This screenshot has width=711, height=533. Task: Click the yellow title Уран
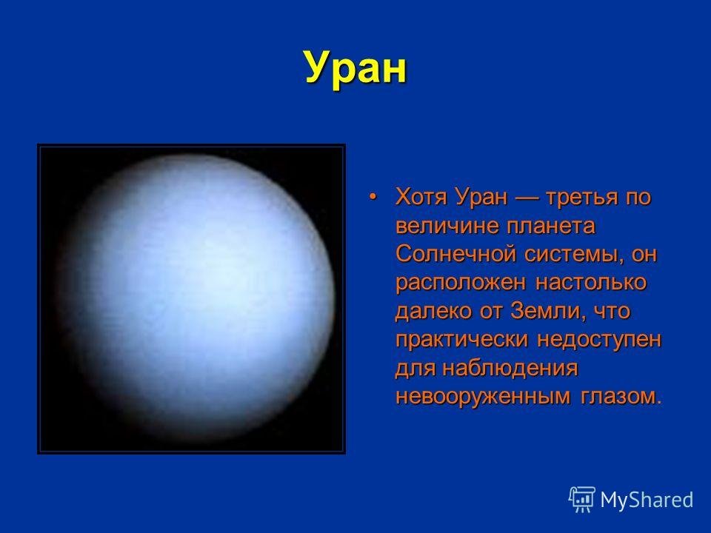coord(355,68)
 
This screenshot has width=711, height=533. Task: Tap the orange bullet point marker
coord(373,197)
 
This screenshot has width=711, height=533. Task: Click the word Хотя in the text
coord(421,197)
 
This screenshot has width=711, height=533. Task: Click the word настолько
coord(591,283)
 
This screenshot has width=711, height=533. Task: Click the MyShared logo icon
coord(582,500)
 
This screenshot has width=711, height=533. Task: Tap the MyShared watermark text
coord(647,500)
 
